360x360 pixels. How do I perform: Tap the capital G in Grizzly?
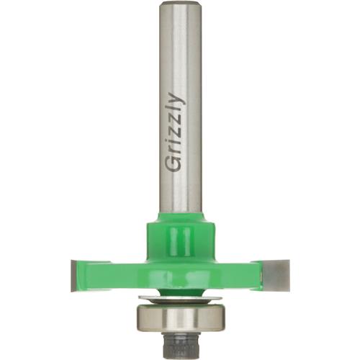[174, 163]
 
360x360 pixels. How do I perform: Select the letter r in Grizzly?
[174, 150]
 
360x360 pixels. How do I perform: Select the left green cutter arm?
[112, 272]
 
